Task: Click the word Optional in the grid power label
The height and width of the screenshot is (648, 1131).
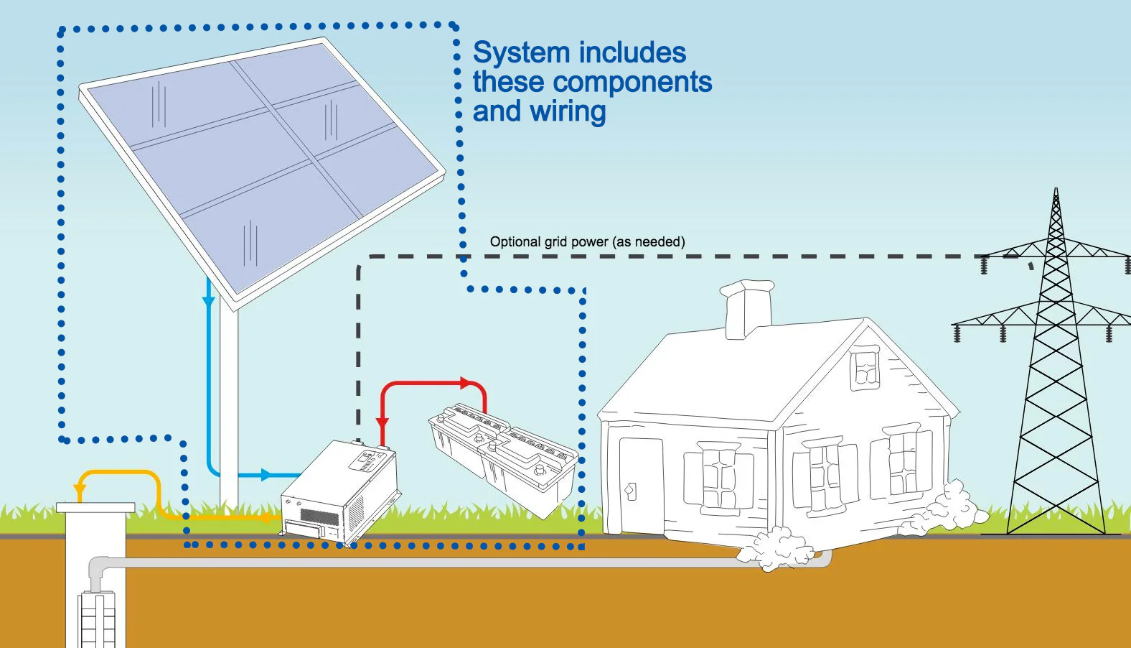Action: [x=515, y=242]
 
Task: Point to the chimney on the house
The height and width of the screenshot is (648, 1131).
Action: [x=748, y=308]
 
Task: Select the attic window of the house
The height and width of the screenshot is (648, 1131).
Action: [x=865, y=367]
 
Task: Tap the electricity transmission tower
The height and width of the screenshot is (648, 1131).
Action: [x=1056, y=374]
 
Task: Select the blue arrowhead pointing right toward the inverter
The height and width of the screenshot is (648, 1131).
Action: [x=266, y=475]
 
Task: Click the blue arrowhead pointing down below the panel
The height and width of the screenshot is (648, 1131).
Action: [x=209, y=300]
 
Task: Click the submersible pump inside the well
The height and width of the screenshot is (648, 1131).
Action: [x=96, y=618]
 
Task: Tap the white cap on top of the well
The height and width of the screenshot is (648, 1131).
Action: [x=95, y=507]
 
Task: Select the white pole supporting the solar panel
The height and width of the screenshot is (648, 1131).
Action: [x=229, y=402]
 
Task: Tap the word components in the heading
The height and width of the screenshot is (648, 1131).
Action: [x=631, y=83]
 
